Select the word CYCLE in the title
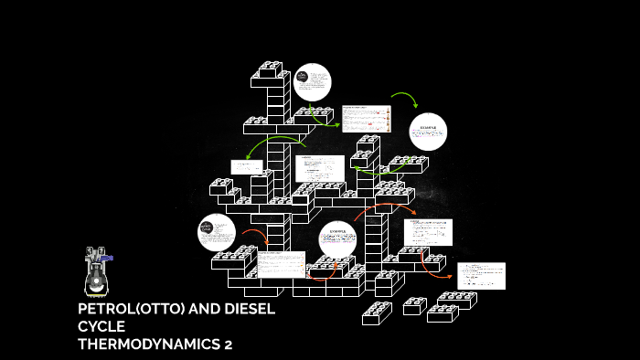(101, 326)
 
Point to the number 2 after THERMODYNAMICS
(229, 344)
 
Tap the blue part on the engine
(107, 259)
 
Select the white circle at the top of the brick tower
(312, 82)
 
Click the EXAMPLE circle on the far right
(428, 132)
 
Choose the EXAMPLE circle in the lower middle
(337, 240)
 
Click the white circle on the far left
(217, 232)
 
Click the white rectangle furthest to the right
(481, 275)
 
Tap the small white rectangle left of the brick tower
(246, 167)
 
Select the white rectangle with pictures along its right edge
(366, 119)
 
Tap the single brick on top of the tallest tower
(272, 69)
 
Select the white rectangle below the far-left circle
(281, 264)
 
